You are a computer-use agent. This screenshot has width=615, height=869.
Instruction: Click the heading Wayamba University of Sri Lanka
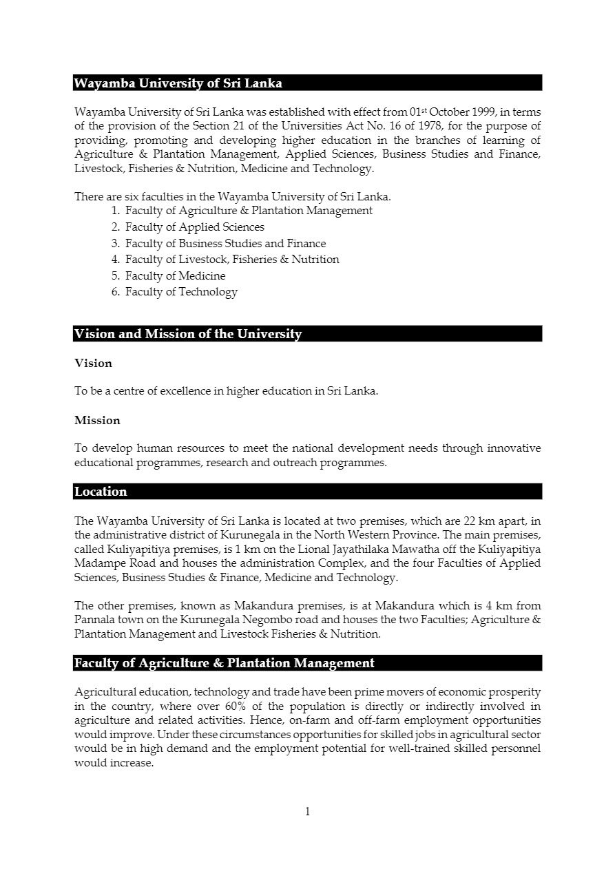tap(178, 83)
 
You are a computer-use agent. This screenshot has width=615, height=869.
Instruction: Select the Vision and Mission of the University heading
tap(188, 334)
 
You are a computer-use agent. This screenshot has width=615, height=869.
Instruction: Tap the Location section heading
tap(101, 492)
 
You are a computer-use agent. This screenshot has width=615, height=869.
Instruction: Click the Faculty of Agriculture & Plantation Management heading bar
tap(225, 663)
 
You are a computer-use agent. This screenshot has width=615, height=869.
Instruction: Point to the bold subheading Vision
tap(93, 363)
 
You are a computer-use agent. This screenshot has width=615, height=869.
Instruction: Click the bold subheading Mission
tap(97, 420)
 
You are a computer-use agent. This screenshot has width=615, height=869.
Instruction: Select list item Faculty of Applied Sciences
tap(194, 227)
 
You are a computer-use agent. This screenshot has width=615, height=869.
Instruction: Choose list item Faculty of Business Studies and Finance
tap(225, 243)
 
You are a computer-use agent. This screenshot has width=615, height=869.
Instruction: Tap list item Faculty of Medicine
tap(175, 275)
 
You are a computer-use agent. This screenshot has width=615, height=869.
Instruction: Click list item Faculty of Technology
tap(181, 292)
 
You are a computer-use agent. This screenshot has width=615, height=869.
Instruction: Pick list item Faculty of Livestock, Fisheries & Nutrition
tap(232, 260)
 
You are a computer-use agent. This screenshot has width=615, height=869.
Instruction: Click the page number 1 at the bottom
tap(307, 812)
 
